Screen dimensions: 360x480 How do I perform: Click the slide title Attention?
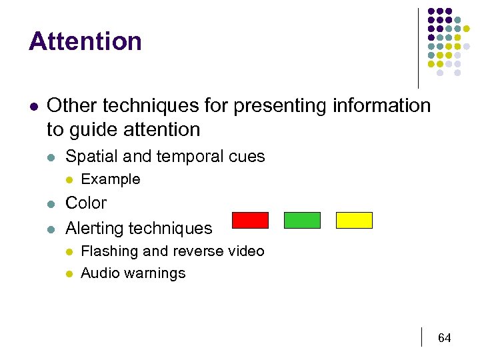coord(85,41)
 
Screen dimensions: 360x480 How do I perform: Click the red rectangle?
coord(250,220)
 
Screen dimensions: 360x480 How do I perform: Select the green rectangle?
coord(302,220)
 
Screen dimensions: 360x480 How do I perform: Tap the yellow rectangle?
coord(354,220)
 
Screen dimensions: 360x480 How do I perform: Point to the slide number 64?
coord(444,338)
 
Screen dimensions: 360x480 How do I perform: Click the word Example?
coord(110,179)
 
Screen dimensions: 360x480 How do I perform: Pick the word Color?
coord(86,203)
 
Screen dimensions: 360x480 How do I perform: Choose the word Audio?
coord(99,273)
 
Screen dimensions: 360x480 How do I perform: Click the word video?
coord(246,251)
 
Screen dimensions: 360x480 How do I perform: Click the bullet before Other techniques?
coord(33,106)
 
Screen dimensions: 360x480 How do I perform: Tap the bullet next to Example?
coord(69,180)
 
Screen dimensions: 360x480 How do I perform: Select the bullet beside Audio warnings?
coord(69,274)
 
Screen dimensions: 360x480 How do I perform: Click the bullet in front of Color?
coord(51,203)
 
